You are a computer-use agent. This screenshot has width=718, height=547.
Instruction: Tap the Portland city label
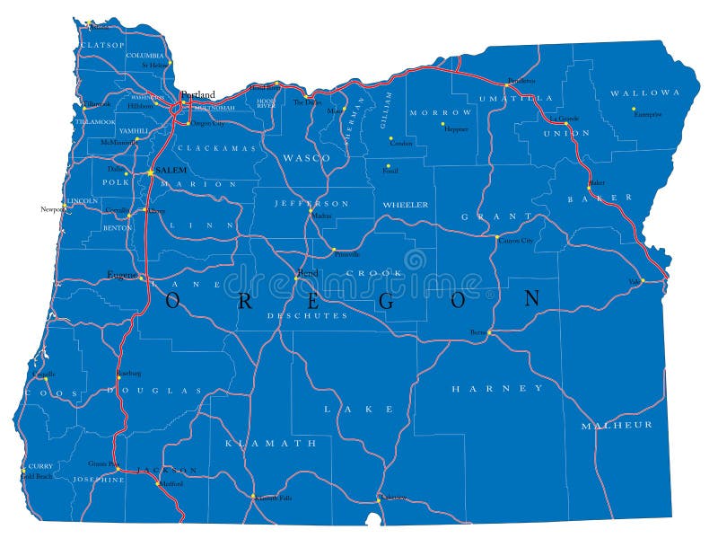coord(197,94)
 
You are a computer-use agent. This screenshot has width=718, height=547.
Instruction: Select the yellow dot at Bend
coord(296,278)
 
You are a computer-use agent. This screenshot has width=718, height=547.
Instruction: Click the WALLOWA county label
coord(644,93)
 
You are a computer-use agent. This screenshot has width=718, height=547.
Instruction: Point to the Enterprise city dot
coord(634,109)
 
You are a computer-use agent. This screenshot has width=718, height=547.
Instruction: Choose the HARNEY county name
coord(497,388)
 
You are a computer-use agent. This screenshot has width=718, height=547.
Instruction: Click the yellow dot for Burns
coord(489,332)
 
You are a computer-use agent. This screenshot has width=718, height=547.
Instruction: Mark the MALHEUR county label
coord(616,424)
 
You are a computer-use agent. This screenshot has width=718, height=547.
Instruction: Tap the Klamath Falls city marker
coord(252,495)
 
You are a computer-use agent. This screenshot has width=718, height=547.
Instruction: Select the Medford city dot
coord(158,484)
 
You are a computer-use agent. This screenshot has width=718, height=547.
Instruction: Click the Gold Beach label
coord(35,476)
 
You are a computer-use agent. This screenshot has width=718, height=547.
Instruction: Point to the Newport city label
coord(52,208)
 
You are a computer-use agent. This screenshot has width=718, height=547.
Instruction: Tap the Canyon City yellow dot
coord(497,237)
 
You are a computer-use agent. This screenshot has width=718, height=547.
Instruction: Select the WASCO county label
coord(306,157)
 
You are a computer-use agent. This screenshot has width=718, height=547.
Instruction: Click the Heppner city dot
coord(442,125)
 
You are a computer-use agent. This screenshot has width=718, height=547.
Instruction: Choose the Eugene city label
coord(121,274)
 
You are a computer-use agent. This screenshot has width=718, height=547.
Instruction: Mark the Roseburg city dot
coord(119,378)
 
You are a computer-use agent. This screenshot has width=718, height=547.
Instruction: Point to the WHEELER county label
coord(406,205)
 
